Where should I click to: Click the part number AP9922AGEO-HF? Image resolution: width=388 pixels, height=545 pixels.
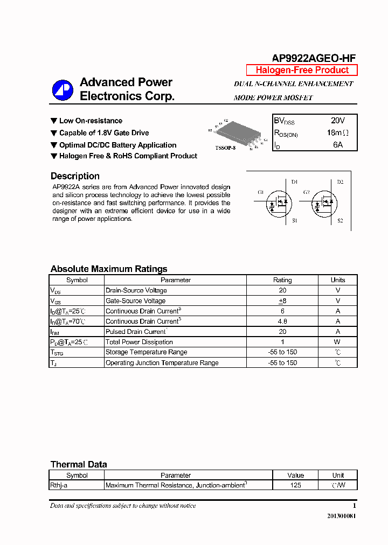tap(313, 59)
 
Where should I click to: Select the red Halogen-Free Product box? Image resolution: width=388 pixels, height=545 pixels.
tap(302, 70)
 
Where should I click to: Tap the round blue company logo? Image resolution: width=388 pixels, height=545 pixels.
tap(63, 90)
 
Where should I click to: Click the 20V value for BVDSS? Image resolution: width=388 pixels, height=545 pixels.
tap(337, 121)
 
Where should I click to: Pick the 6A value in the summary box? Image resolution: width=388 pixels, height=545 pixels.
tap(337, 145)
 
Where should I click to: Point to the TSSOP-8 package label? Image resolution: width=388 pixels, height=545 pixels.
tap(225, 148)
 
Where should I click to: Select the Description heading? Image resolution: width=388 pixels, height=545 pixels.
tap(75, 176)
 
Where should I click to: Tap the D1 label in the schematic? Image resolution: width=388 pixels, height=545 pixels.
tap(294, 182)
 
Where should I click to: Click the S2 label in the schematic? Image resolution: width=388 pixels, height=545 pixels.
tap(340, 221)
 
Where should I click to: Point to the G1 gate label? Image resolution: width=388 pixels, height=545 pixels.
tap(261, 192)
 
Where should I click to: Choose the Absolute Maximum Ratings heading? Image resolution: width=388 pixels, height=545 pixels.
tap(109, 269)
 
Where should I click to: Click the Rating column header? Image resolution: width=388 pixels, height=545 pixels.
tap(282, 280)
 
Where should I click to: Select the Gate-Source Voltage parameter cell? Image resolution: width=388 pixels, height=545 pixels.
tap(135, 301)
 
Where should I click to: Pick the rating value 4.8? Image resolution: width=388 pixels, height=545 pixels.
tap(282, 322)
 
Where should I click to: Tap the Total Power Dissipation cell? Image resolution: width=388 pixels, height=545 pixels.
tap(139, 342)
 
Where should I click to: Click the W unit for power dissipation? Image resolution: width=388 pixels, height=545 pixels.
tap(337, 342)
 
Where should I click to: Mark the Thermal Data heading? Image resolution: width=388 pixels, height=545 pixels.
tap(79, 464)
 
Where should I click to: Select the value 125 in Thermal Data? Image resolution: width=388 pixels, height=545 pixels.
tap(295, 485)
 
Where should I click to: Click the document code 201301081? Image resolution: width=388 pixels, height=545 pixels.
tap(341, 516)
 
